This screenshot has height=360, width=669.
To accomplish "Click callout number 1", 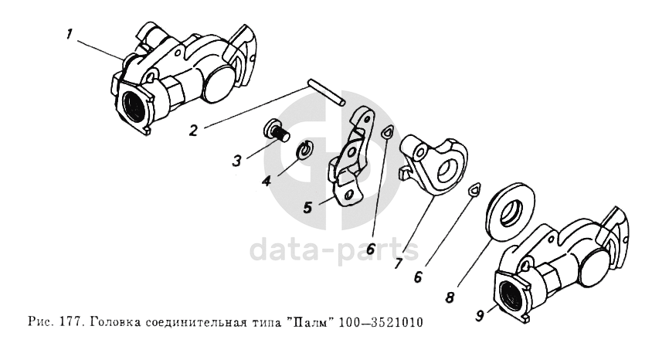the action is pyautogui.click(x=70, y=35).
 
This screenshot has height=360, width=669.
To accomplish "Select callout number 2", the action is pyautogui.click(x=194, y=130).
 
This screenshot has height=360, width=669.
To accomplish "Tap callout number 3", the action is pyautogui.click(x=237, y=161).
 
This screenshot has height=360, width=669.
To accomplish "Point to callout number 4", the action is pyautogui.click(x=267, y=181).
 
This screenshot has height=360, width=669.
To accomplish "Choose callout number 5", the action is pyautogui.click(x=308, y=208).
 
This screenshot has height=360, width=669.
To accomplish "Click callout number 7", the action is pyautogui.click(x=398, y=263).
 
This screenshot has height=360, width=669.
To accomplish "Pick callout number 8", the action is pyautogui.click(x=450, y=297).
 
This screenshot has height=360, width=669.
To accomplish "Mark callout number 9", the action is pyautogui.click(x=480, y=316).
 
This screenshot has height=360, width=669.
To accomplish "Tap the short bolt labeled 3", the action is pyautogui.click(x=275, y=131).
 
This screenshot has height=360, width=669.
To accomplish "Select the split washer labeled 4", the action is pyautogui.click(x=305, y=149).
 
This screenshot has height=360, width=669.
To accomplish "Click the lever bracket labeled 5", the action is pyautogui.click(x=351, y=158).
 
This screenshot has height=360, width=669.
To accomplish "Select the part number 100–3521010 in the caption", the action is pyautogui.click(x=381, y=321).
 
